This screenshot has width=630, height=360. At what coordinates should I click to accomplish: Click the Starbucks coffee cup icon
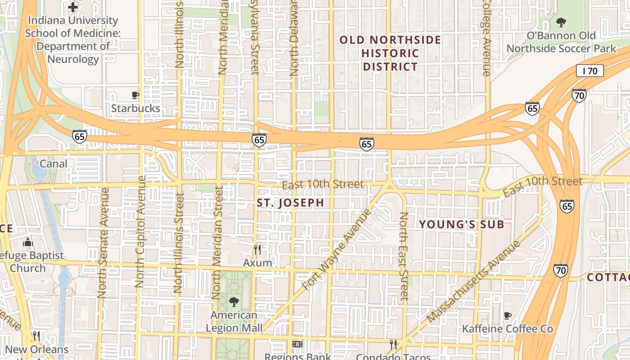[135, 95]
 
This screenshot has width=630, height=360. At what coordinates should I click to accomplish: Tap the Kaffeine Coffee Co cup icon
[507, 315]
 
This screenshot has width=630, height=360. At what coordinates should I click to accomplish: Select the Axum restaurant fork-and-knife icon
[257, 250]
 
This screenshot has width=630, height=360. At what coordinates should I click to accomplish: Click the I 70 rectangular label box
[589, 71]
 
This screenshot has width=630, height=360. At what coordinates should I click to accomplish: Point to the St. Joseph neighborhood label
[290, 203]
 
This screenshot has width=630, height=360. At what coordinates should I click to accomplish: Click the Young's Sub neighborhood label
[461, 225]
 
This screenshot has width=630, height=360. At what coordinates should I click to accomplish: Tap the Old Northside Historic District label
[390, 53]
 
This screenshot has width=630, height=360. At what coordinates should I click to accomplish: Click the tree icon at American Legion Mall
[234, 301]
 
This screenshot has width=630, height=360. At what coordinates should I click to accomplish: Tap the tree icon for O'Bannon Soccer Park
[561, 22]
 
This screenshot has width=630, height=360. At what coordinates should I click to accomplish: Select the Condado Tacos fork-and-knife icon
[393, 344]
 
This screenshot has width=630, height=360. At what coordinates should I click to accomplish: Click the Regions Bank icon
[297, 344]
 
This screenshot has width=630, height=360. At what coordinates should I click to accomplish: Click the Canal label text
[54, 164]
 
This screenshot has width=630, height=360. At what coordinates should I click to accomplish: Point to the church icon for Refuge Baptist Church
[28, 243]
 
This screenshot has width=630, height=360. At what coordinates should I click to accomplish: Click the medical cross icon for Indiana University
[73, 7]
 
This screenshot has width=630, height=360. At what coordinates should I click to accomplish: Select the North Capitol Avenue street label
[141, 232]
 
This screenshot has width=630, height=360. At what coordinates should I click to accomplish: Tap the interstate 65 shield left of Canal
[80, 136]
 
